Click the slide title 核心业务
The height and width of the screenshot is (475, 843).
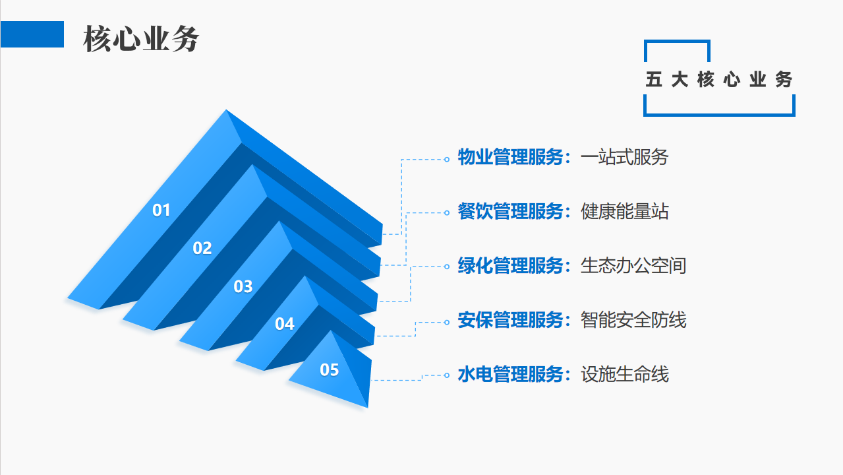(x=141, y=40)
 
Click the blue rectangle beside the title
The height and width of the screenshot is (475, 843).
(x=32, y=34)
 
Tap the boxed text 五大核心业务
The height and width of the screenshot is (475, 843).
(x=719, y=80)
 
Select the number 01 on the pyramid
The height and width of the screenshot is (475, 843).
(x=161, y=210)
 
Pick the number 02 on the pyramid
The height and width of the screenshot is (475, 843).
(x=202, y=249)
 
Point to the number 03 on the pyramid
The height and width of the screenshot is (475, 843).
(x=243, y=287)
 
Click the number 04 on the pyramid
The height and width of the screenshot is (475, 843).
(x=285, y=325)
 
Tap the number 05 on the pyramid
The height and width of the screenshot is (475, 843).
(x=330, y=370)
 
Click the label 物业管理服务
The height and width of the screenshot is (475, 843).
(x=511, y=158)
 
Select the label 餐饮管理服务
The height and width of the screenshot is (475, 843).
(x=511, y=212)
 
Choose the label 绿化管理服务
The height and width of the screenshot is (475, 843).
(x=511, y=266)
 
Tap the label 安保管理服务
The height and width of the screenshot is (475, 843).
(x=511, y=320)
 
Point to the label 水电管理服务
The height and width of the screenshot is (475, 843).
(x=511, y=375)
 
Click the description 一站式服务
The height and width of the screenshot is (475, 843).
(x=624, y=158)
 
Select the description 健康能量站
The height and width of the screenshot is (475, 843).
(x=624, y=212)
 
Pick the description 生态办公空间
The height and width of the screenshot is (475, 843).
(x=633, y=266)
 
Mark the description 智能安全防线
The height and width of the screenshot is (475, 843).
(x=633, y=320)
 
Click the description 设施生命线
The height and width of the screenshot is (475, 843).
(x=624, y=375)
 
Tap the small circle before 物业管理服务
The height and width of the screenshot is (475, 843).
(x=446, y=159)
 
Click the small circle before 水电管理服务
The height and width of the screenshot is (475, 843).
(x=446, y=375)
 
